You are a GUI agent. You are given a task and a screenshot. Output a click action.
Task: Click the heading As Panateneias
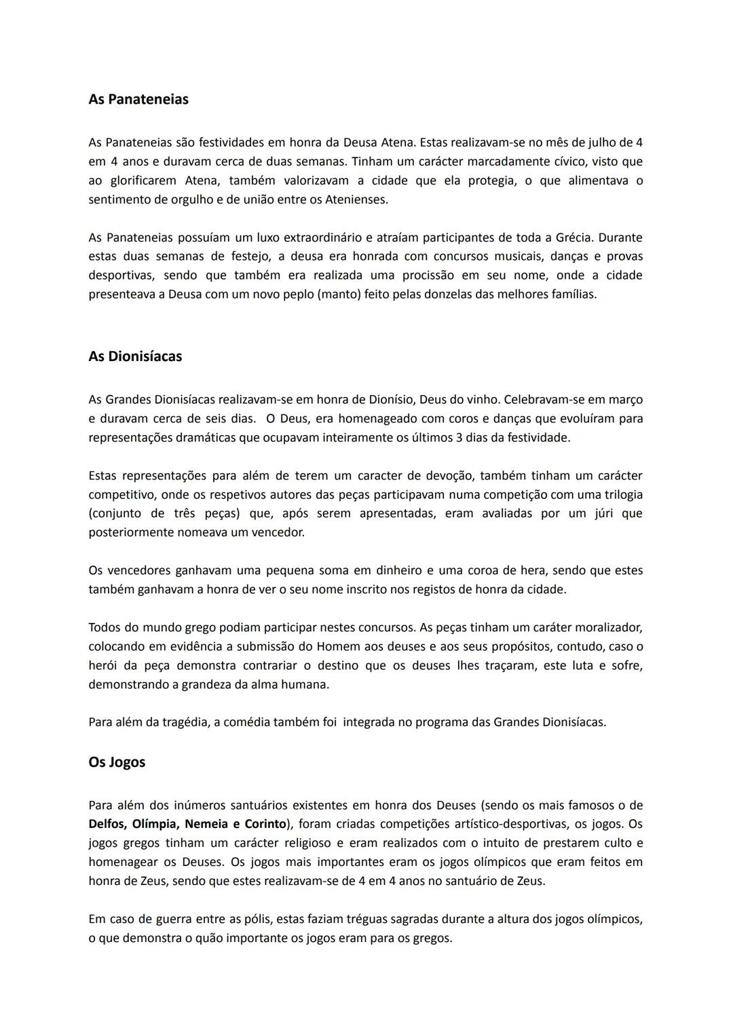pyautogui.click(x=138, y=99)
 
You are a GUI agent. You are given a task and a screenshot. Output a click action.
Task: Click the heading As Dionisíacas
pyautogui.click(x=135, y=356)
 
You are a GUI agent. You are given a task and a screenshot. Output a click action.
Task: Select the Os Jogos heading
pyautogui.click(x=117, y=762)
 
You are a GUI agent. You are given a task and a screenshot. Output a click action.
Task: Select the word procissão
pyautogui.click(x=431, y=276)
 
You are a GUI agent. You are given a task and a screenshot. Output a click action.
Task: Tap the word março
pyautogui.click(x=626, y=399)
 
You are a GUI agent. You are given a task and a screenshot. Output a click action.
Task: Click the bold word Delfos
pyautogui.click(x=107, y=825)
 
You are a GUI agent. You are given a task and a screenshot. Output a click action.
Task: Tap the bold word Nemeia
pyautogui.click(x=206, y=825)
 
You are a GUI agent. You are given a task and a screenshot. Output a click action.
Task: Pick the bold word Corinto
pyautogui.click(x=263, y=825)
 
